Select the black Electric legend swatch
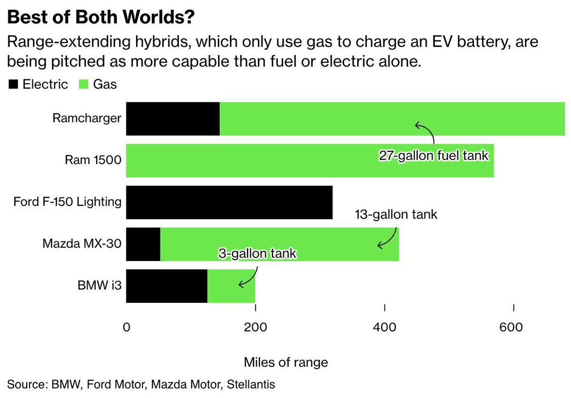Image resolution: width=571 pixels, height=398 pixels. click(13, 85)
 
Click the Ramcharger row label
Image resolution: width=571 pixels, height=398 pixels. click(87, 118)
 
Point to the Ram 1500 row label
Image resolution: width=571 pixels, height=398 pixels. click(93, 160)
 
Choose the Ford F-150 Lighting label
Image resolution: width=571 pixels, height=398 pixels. click(68, 202)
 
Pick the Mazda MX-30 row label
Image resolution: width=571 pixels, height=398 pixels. click(82, 244)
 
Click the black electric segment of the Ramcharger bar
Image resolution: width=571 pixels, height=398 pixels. click(173, 118)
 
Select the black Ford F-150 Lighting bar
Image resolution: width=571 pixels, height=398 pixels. click(229, 202)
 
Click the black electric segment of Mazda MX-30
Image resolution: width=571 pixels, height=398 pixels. click(143, 244)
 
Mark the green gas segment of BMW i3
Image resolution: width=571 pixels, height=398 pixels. click(231, 286)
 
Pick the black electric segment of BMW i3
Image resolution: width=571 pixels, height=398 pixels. click(167, 286)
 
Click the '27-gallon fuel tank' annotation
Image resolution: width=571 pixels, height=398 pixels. click(434, 156)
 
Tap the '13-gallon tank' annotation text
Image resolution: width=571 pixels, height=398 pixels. click(396, 215)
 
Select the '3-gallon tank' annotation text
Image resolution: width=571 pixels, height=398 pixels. click(257, 254)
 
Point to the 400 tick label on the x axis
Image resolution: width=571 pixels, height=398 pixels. click(384, 328)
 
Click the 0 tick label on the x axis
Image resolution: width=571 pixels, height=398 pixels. click(127, 328)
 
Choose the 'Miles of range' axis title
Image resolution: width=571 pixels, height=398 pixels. click(286, 362)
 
